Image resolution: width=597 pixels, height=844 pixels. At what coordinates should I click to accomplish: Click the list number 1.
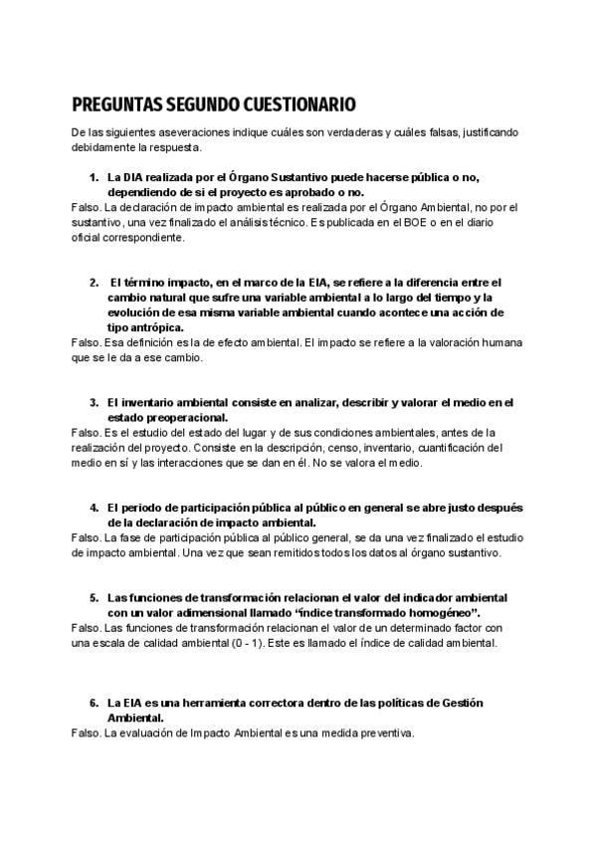pos(94,177)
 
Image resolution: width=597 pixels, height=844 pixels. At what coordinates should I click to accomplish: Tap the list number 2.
pos(94,283)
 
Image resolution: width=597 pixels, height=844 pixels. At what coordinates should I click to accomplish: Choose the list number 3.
pos(94,402)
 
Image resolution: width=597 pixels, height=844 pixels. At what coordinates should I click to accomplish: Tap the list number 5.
pos(94,597)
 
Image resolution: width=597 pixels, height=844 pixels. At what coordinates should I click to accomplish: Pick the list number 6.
pos(94,703)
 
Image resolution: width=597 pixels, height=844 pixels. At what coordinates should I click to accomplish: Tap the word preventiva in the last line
pos(380,734)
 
